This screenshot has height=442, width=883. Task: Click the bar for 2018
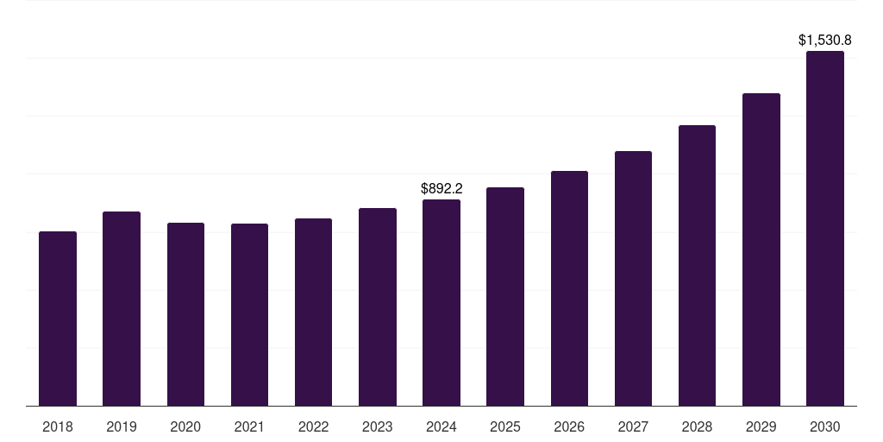[58, 319]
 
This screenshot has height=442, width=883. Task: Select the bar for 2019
[122, 308]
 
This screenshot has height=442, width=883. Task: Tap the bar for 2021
[249, 314]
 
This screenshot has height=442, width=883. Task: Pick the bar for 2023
[378, 306]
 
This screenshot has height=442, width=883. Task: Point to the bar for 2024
[441, 302]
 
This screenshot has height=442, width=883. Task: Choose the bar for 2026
[569, 288]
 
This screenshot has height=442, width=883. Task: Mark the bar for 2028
[697, 265]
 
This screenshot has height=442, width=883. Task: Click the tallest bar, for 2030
[825, 228]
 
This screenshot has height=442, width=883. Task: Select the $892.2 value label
[441, 188]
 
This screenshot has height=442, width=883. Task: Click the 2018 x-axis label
[58, 426]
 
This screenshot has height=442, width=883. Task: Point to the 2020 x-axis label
[185, 426]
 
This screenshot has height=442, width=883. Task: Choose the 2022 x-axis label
[314, 426]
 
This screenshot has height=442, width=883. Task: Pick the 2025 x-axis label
[505, 426]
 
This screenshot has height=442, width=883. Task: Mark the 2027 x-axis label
[633, 426]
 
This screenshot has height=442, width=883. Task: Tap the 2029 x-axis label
[761, 426]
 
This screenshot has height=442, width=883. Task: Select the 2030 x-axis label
[825, 426]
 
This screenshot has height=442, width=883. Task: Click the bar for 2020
[185, 314]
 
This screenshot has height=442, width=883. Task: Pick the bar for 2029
[761, 249]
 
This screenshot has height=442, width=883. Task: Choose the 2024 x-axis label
[441, 426]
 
